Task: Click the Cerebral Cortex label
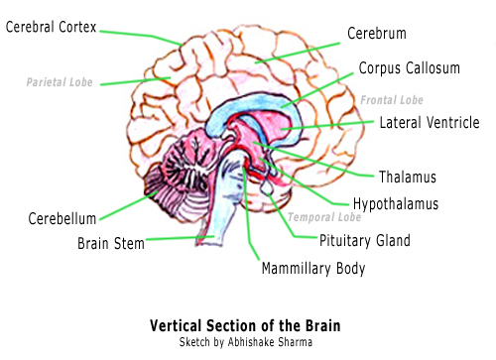pyautogui.click(x=51, y=27)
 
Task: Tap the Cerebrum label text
pyautogui.click(x=377, y=34)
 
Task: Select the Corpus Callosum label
pyautogui.click(x=410, y=68)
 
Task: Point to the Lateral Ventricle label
pyautogui.click(x=430, y=122)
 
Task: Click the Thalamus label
pyautogui.click(x=408, y=177)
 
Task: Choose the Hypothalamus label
pyautogui.click(x=396, y=204)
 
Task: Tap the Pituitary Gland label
pyautogui.click(x=365, y=240)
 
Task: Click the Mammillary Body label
pyautogui.click(x=313, y=269)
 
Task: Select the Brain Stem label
pyautogui.click(x=111, y=244)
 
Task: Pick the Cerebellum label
pyautogui.click(x=62, y=219)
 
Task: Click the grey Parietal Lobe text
pyautogui.click(x=60, y=82)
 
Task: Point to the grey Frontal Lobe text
pyautogui.click(x=392, y=100)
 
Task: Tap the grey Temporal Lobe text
pyautogui.click(x=324, y=217)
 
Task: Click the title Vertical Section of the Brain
pyautogui.click(x=245, y=325)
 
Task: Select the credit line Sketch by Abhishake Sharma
pyautogui.click(x=246, y=342)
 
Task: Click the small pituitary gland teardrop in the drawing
pyautogui.click(x=267, y=187)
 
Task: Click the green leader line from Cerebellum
pyautogui.click(x=129, y=205)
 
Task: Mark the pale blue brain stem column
pyautogui.click(x=225, y=198)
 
